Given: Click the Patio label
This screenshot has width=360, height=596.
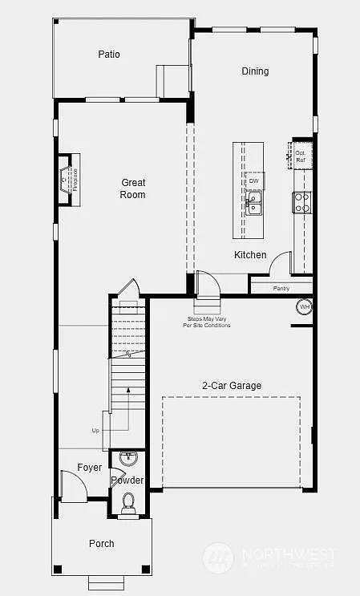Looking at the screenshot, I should tap(109, 55).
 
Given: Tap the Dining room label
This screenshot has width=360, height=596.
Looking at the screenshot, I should tap(255, 71).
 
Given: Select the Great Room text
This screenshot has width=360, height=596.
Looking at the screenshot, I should tap(133, 189).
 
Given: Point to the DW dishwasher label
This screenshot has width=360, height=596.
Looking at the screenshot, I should tap(253, 181).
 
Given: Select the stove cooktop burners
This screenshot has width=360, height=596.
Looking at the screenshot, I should tap(301, 203).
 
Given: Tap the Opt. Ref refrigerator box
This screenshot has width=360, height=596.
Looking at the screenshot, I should tap(301, 156).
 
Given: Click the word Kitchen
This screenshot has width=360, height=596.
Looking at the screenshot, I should tap(250, 255).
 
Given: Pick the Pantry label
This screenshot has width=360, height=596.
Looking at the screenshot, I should tap(281, 288).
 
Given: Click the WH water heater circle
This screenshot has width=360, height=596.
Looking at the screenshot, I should tap(305, 307).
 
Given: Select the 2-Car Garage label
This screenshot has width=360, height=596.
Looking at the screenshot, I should tap(231, 386).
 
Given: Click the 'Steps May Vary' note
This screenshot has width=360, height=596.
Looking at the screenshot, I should tap(207, 322).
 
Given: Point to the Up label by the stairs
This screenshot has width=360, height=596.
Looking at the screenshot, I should tap(95, 431).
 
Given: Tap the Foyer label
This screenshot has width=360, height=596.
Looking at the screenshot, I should tap(90, 468).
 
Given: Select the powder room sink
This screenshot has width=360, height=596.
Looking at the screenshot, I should tap(128, 459).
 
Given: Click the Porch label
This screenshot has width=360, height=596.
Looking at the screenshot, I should tap(101, 544).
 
